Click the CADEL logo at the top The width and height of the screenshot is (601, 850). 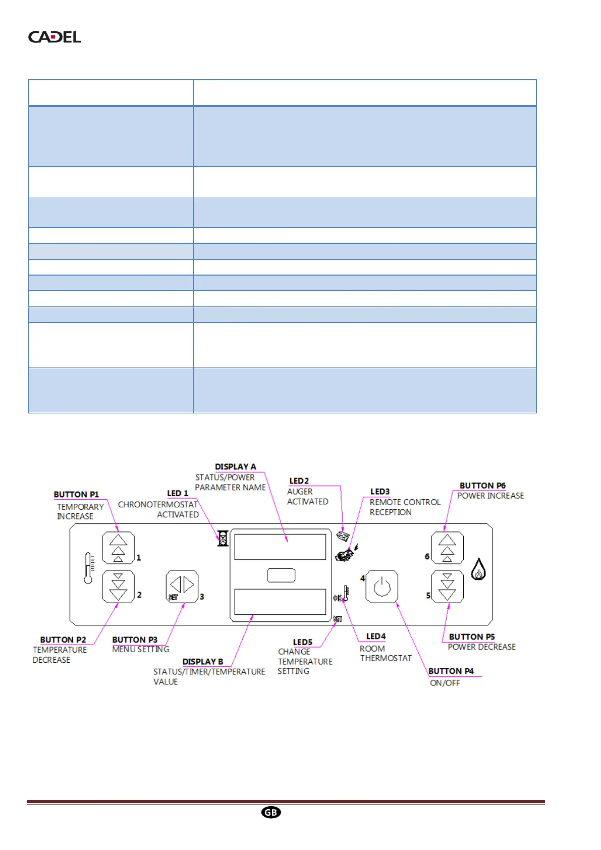54,37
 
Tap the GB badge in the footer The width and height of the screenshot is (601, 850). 271,812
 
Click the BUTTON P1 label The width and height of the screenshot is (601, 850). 76,495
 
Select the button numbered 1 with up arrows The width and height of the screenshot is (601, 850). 118,548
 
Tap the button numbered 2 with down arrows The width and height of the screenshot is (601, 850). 118,587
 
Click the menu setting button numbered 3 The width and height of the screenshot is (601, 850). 182,587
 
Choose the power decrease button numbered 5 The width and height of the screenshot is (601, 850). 447,587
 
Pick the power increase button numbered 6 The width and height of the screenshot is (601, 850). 447,548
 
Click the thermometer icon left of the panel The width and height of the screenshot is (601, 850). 89,568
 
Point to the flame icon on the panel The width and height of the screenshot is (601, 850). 478,569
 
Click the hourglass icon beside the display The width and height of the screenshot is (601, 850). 223,538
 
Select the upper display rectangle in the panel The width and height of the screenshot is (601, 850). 280,547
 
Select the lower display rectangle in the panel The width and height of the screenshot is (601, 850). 280,602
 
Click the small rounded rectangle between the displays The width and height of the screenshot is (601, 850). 281,575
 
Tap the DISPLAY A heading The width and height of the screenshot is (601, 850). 235,467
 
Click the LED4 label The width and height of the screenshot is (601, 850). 375,636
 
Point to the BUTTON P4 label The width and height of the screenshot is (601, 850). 451,671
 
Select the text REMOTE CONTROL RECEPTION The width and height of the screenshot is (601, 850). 405,507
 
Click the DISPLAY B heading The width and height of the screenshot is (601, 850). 202,662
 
